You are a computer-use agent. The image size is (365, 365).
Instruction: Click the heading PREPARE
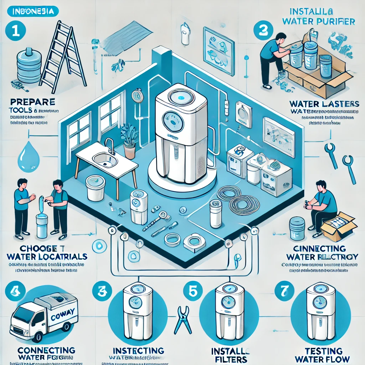(32, 102)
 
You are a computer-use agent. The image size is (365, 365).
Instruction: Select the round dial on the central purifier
(170, 121)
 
